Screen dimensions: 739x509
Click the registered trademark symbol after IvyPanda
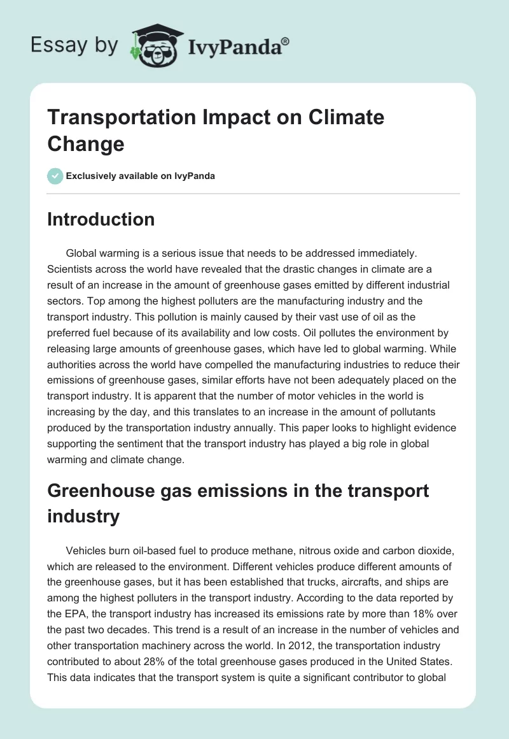coord(286,41)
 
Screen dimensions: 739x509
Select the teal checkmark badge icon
coord(55,176)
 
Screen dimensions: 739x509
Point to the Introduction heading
coord(101,219)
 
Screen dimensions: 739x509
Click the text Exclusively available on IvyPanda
coord(141,176)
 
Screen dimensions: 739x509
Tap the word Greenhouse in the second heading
coord(92,491)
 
